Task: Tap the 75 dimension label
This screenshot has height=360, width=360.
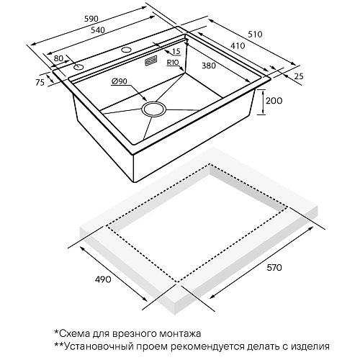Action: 40,83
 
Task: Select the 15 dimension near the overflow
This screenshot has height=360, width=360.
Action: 176,52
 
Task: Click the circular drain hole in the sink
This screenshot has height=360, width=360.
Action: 153,109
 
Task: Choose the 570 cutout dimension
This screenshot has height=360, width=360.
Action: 275,268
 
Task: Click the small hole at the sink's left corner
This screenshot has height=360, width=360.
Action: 78,67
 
